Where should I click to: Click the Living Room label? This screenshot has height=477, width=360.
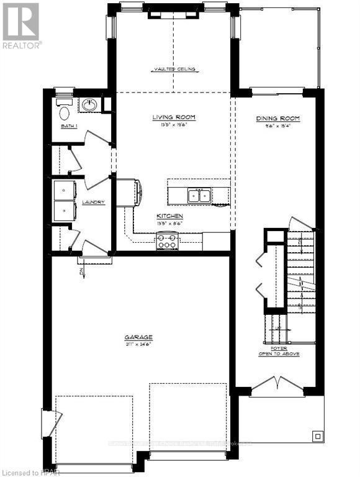pos(174,117)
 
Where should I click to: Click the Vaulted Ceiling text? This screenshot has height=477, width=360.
pos(174,70)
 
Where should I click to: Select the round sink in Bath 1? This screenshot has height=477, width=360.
pos(89,105)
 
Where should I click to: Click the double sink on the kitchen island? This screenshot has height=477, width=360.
pos(200,196)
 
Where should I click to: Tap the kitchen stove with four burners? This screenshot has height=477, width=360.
pos(168,240)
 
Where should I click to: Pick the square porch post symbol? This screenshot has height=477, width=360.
pos(317,434)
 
